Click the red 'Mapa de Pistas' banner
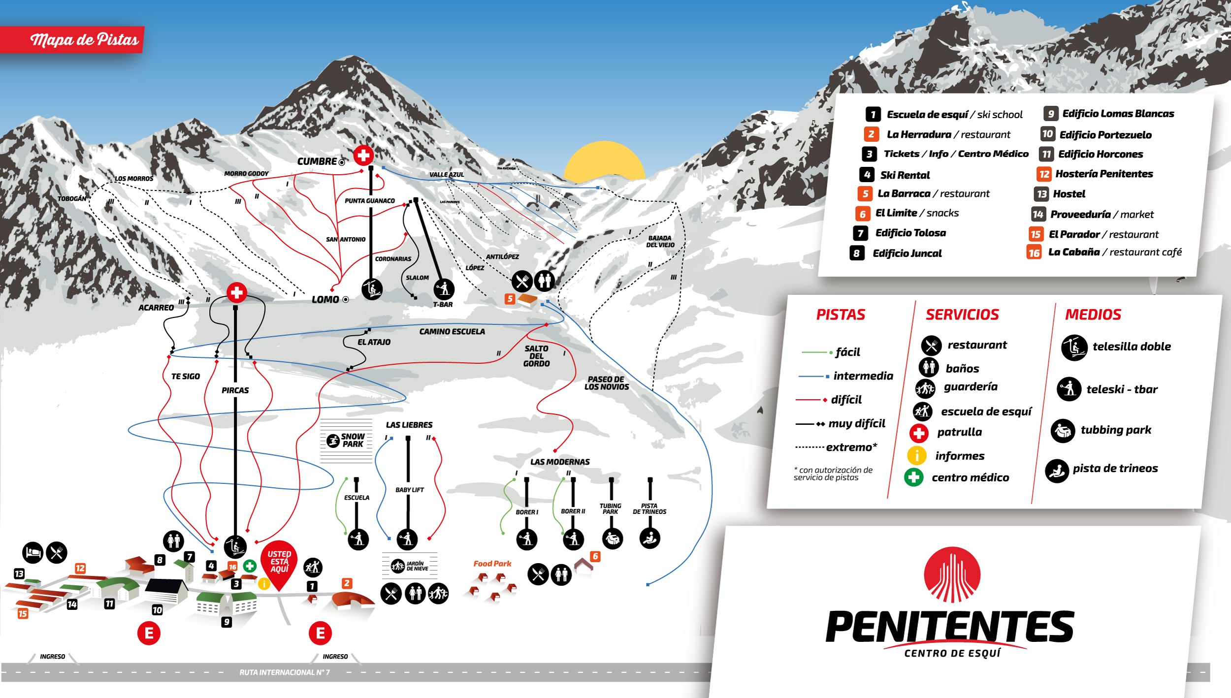click(x=84, y=39)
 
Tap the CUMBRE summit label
click(x=317, y=161)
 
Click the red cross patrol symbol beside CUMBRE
click(x=363, y=156)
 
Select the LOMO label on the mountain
click(x=325, y=299)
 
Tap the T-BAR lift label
click(x=443, y=305)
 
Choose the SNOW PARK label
click(x=353, y=440)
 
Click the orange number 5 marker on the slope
click(x=510, y=299)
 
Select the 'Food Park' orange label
click(x=492, y=564)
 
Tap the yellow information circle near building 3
click(x=264, y=584)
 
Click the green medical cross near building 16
click(x=250, y=566)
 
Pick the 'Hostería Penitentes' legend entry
click(x=1103, y=174)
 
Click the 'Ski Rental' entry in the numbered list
click(x=905, y=175)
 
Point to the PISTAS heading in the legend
click(x=841, y=315)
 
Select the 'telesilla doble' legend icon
click(x=1074, y=348)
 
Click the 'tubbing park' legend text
click(x=1116, y=430)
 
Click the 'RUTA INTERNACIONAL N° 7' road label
click(x=285, y=672)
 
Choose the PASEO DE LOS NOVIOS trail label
click(x=606, y=383)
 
